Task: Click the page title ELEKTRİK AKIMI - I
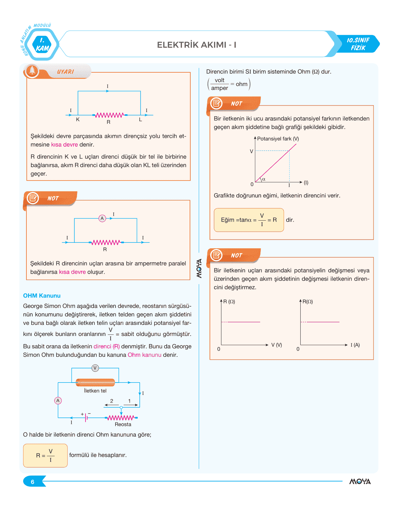pos(196,45)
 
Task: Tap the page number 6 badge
pos(33,482)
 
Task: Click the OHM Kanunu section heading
pos(42,296)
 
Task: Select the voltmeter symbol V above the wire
pos(95,368)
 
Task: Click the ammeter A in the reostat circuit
pos(58,400)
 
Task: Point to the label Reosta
pos(123,424)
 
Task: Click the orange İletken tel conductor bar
pos(95,383)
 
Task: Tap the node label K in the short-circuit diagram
pos(78,120)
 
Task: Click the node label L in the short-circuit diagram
pos(140,120)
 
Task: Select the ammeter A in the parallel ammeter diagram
pos(102,218)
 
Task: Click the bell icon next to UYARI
pos(32,71)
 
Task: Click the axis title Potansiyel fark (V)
pos(278,139)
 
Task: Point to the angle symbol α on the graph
pos(264,179)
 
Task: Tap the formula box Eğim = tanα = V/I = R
pos(249,220)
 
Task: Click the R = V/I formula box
pos(45,455)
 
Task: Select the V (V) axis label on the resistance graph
pos(276,345)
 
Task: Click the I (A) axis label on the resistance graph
pos(355,345)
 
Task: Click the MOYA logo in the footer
pos(360,482)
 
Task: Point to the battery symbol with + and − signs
pos(86,417)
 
